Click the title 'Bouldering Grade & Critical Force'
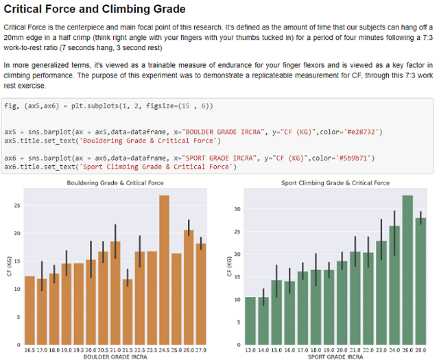pos(115,183)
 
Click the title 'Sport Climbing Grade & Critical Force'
pos(335,183)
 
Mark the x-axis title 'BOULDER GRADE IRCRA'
pos(115,357)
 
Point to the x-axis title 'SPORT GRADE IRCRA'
pos(335,357)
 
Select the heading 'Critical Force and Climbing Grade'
pos(95,10)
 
